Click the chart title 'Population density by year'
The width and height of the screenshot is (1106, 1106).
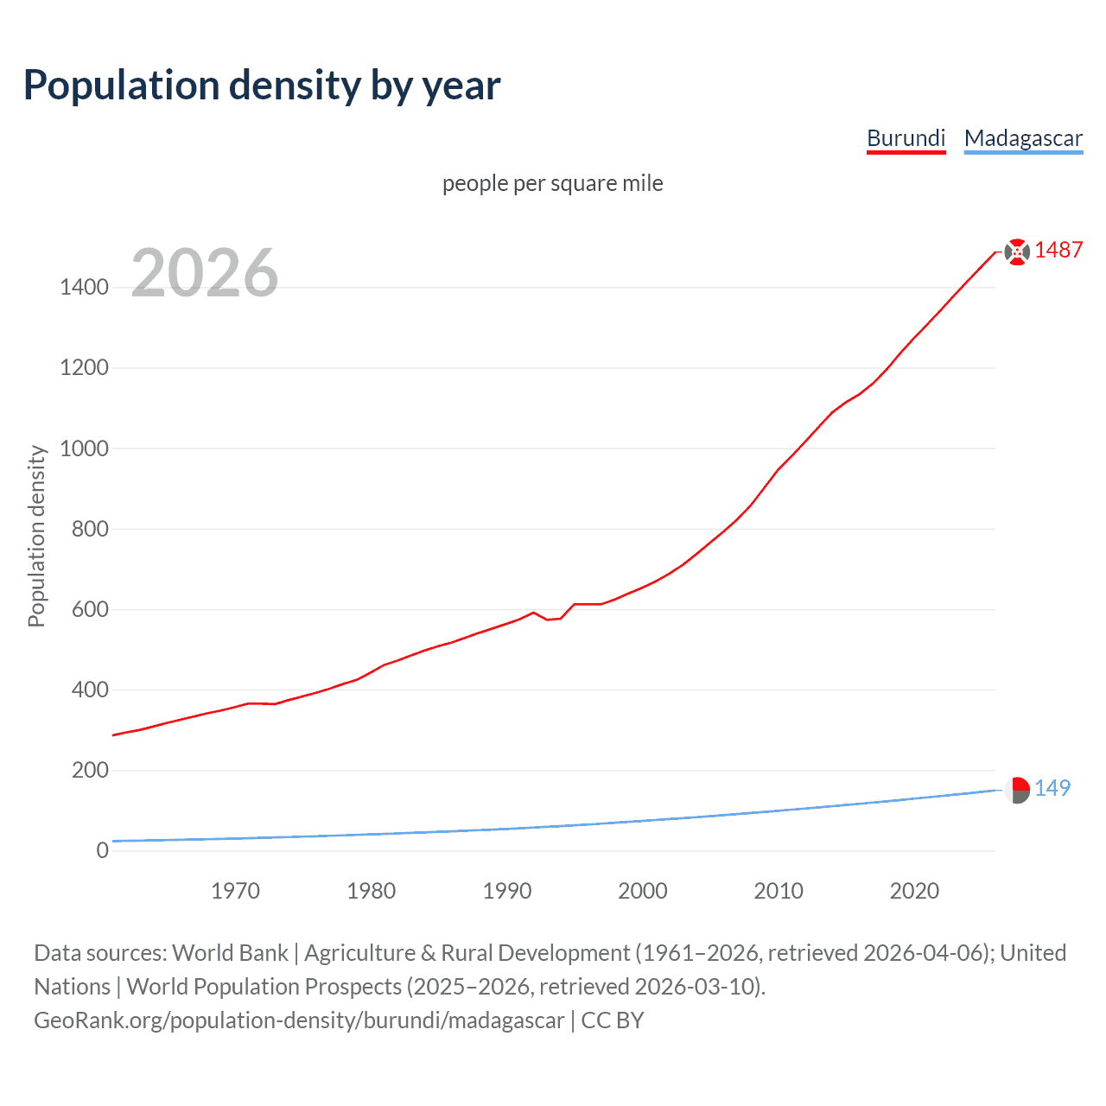[262, 86]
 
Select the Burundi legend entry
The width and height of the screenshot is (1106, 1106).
[906, 138]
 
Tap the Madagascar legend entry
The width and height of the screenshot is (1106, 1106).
[1023, 138]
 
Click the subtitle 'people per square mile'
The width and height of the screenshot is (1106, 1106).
[552, 183]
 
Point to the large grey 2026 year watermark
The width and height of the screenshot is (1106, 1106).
[205, 273]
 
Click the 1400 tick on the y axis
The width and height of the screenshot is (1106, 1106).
[84, 288]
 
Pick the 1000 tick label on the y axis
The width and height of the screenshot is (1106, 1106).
[84, 448]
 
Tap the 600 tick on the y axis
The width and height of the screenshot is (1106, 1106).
[90, 609]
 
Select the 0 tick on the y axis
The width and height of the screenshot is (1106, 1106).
[103, 850]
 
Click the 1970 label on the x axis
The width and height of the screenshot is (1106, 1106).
[235, 891]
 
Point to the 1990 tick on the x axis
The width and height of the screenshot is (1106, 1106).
[507, 891]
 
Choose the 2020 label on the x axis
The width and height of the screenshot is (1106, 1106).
[914, 891]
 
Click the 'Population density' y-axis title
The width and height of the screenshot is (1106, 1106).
[36, 536]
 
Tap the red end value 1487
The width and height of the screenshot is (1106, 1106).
[1058, 250]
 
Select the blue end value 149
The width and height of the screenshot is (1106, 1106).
[1052, 788]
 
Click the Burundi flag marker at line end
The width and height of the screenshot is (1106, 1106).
[1017, 251]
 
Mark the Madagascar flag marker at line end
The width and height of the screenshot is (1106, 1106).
[1017, 790]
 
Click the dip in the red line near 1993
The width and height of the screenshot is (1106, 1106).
[548, 620]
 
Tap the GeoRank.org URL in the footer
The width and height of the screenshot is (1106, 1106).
[299, 1020]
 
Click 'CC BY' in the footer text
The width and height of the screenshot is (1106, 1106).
[613, 1020]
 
